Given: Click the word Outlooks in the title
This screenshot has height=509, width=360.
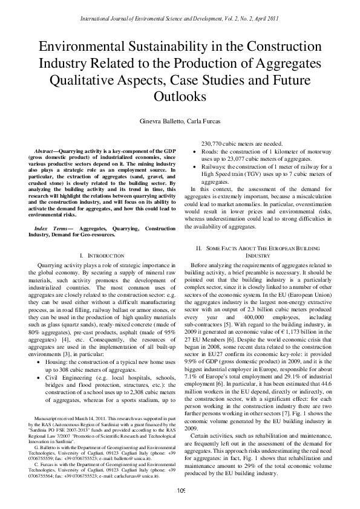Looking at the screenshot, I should click(180, 96).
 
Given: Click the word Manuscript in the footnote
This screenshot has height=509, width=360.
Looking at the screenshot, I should click(50, 452).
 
